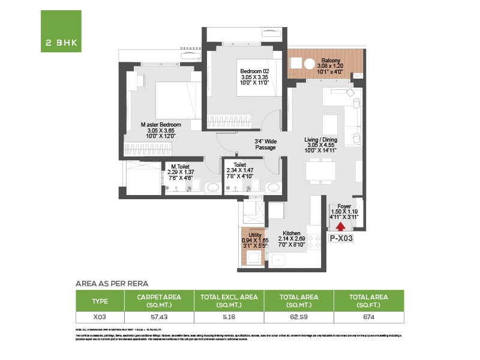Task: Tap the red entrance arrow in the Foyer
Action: click(x=341, y=226)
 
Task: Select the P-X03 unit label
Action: click(x=341, y=238)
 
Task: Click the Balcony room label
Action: click(x=331, y=61)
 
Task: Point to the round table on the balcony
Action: click(x=310, y=64)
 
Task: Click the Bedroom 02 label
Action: click(x=254, y=71)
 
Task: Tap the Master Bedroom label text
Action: click(x=161, y=125)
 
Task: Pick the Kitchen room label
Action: click(x=292, y=232)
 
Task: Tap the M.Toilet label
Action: click(x=181, y=166)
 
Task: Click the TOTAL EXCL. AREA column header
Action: click(x=228, y=300)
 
